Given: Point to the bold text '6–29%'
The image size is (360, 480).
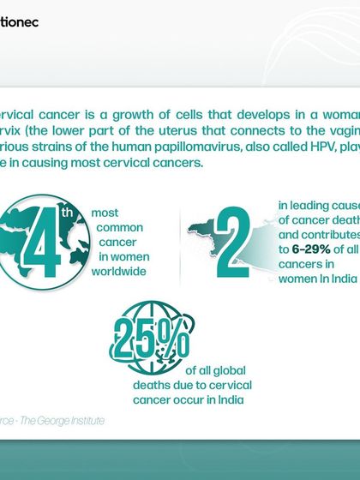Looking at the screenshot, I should [x=305, y=248].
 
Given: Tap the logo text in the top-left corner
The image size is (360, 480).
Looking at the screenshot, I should [x=19, y=21].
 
